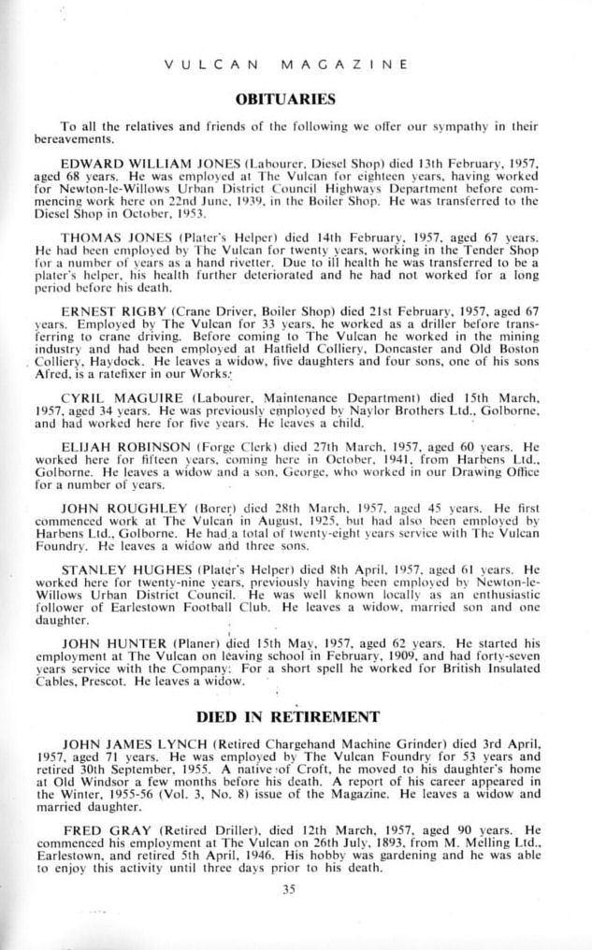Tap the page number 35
[x=296, y=888]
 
